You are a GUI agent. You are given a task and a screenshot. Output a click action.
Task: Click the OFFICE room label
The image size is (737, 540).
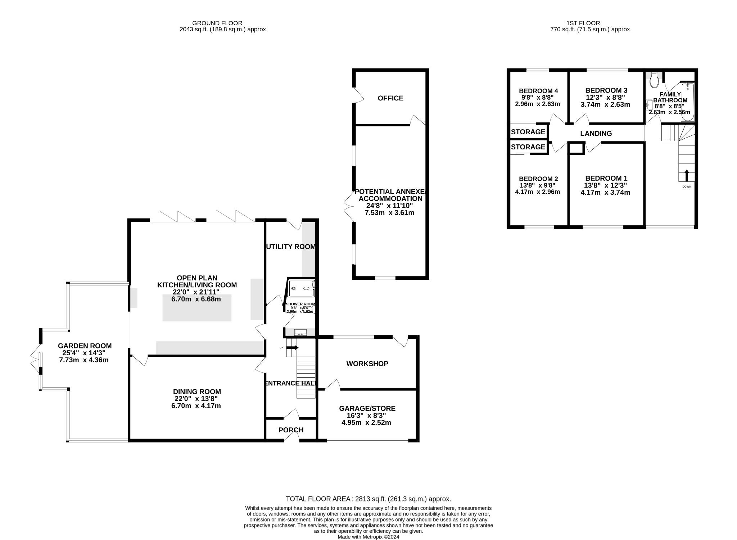pos(390,98)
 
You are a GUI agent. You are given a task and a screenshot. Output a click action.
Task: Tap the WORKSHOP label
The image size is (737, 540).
pos(367,364)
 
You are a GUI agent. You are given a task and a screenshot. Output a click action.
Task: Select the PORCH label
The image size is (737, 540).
pos(291,430)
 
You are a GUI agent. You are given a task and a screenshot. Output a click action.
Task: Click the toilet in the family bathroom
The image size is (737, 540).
pos(654,80)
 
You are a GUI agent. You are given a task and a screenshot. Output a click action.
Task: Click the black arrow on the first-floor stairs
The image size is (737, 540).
pos(686,175)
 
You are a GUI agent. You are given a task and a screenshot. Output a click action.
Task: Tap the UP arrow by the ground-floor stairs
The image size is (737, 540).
pos(293,347)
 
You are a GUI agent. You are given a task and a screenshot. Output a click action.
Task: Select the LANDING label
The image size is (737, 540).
pos(596,134)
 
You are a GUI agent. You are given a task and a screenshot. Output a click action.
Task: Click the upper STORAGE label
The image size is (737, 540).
pos(528,132)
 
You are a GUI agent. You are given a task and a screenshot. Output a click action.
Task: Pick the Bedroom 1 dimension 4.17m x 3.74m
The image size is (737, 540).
pos(605,193)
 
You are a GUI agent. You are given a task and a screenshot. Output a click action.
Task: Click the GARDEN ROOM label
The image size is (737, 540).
pos(85,346)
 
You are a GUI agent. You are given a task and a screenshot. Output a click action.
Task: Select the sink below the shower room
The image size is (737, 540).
pos(300,332)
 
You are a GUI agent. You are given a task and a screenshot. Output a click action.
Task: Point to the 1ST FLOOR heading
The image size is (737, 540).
pos(590,23)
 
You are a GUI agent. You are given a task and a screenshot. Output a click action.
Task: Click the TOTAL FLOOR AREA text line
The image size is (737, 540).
pos(368,499)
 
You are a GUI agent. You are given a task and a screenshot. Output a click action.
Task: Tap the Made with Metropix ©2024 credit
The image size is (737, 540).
pos(368,537)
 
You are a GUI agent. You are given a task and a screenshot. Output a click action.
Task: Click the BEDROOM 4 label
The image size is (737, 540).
pos(538,91)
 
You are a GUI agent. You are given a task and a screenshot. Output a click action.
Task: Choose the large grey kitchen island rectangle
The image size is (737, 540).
pos(197,307)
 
